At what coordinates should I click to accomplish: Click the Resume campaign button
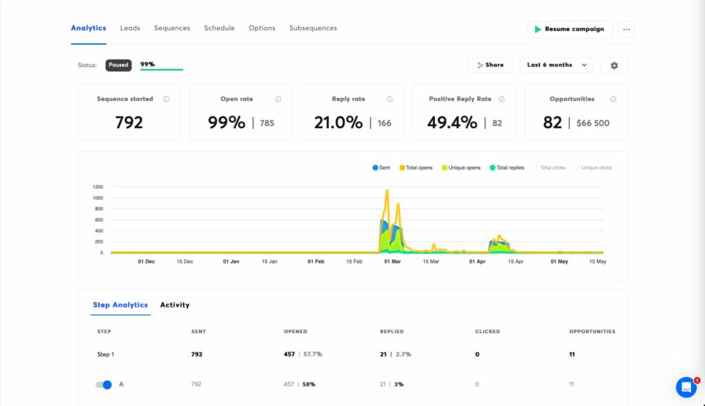pos(569,29)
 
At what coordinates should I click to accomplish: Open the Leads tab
pos(130,28)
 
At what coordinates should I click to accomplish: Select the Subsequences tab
pos(313,28)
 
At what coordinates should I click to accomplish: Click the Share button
pos(490,65)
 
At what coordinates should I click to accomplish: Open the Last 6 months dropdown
pos(556,65)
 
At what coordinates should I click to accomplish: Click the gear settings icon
pos(613,65)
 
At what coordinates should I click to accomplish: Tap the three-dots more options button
pos(626,29)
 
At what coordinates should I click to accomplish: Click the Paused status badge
pos(118,65)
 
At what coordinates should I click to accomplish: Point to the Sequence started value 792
pos(129,123)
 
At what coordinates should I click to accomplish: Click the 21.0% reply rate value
pos(338,123)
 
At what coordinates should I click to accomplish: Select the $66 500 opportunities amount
pos(593,123)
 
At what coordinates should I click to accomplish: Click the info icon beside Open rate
pos(277,99)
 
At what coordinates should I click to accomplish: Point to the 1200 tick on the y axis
pos(98,187)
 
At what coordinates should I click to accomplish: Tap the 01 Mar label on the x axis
pos(392,262)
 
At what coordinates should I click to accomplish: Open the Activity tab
pos(175,305)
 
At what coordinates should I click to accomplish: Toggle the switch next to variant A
pos(104,384)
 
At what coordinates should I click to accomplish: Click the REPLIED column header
pos(392,332)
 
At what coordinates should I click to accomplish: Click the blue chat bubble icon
pos(686,387)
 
